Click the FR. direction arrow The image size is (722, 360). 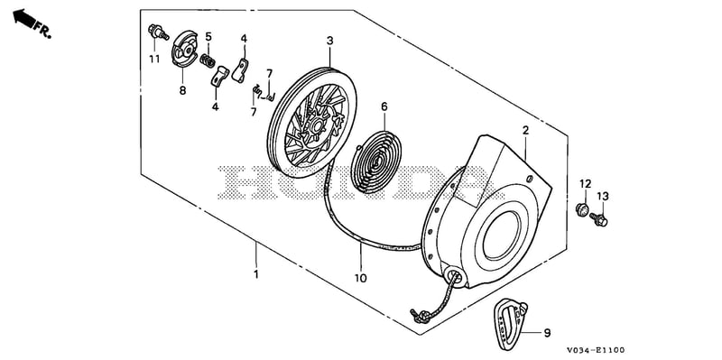(24, 18)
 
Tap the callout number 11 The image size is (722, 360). (154, 60)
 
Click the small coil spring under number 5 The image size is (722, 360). (208, 60)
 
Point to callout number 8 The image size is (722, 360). (183, 91)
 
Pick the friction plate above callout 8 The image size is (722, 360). (184, 48)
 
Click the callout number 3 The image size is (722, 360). (329, 41)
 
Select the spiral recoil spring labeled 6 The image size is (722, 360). (375, 162)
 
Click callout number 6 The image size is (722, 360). (384, 106)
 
